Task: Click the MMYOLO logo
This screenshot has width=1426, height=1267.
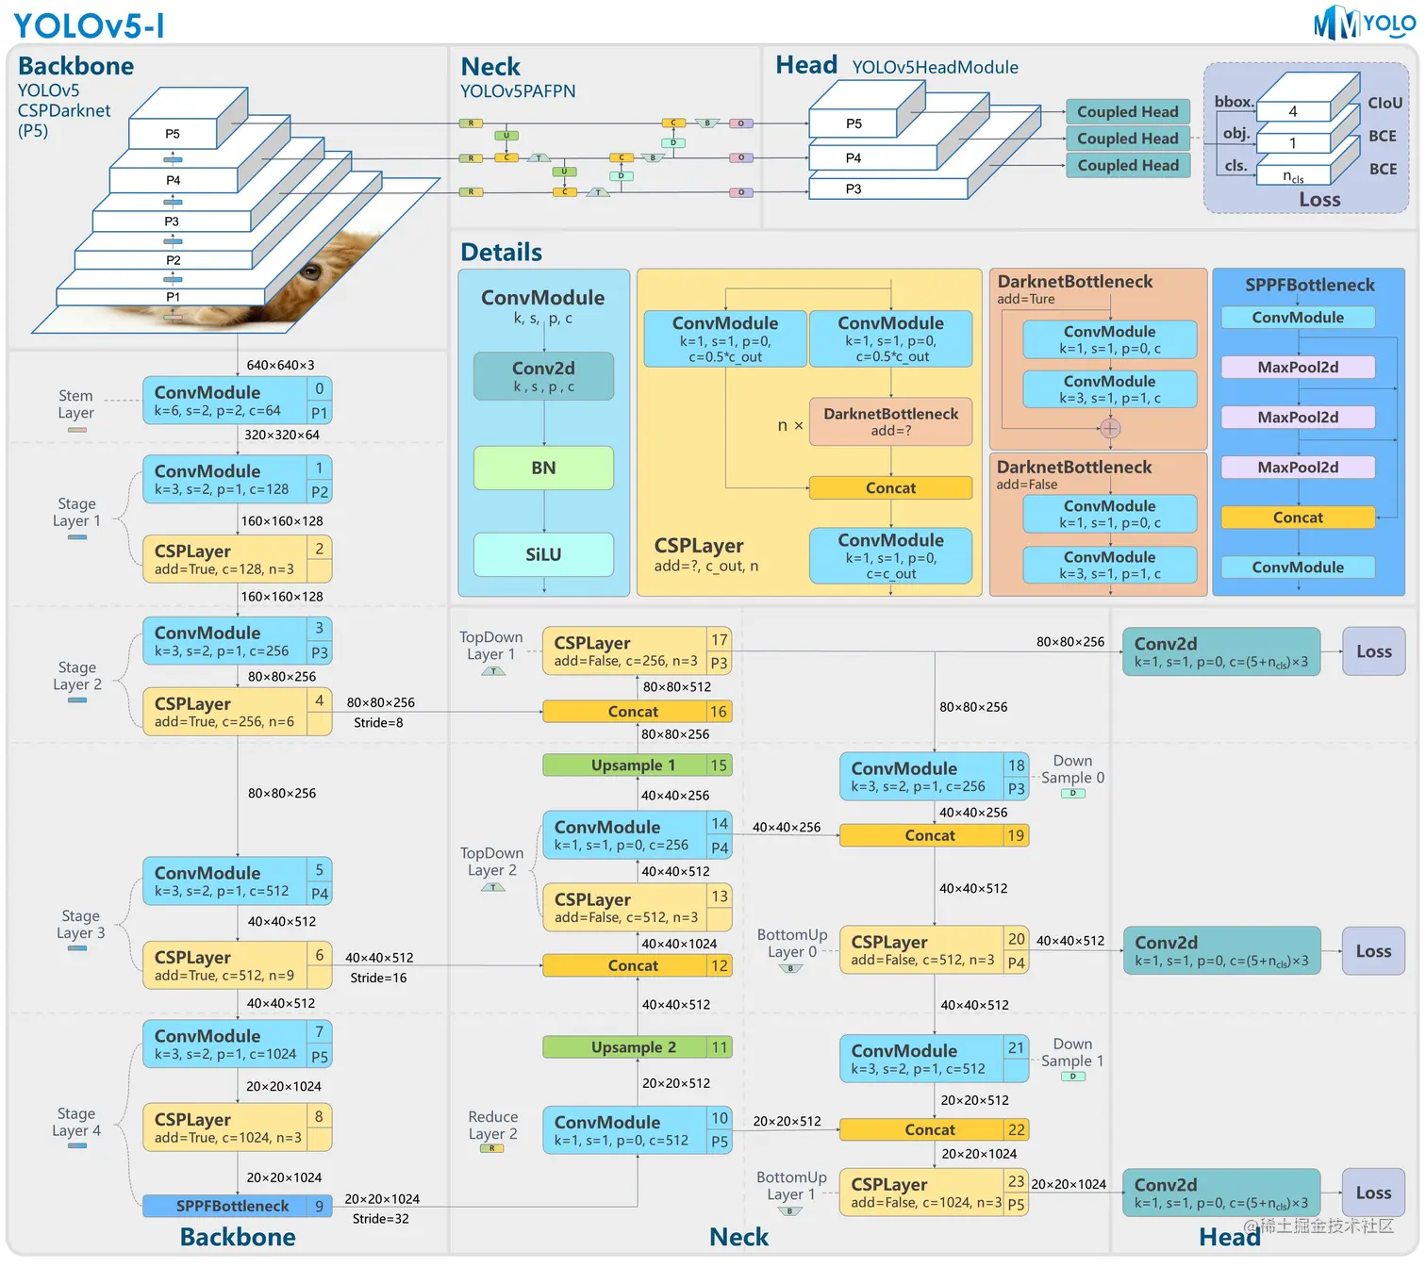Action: point(1364,23)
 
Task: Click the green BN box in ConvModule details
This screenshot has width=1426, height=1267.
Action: point(543,468)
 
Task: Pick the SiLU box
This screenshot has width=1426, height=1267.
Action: point(543,554)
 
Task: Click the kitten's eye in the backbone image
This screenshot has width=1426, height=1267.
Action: point(310,273)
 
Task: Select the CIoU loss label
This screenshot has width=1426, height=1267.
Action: point(1385,103)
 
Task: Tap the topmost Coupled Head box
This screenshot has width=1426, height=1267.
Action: point(1127,111)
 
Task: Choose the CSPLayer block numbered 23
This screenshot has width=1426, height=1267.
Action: point(932,1193)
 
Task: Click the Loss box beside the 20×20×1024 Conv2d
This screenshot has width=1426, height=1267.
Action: point(1372,1193)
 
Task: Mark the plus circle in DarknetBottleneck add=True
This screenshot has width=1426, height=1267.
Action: point(1110,429)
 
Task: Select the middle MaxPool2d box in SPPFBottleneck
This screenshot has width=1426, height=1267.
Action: point(1298,417)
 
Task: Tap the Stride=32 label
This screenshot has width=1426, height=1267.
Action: point(380,1219)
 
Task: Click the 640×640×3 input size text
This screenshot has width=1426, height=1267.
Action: point(280,365)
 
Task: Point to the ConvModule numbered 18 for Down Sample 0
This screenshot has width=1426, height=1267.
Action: point(932,776)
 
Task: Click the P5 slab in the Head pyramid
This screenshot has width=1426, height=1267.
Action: point(854,123)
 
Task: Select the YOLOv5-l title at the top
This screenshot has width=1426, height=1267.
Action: point(89,25)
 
